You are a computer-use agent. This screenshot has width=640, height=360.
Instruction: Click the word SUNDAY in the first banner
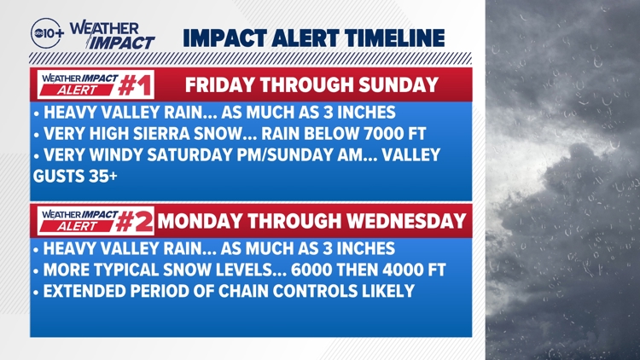point(405,85)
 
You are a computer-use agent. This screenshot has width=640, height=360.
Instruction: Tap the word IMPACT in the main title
point(218,38)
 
